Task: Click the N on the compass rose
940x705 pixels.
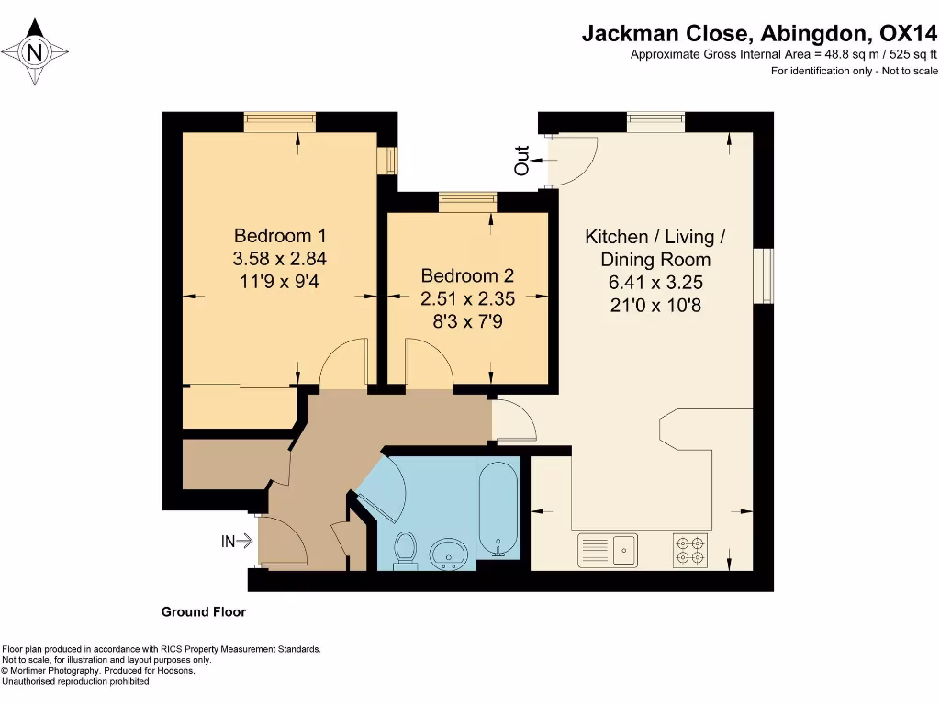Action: coord(35,52)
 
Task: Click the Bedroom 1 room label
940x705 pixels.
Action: coord(280,236)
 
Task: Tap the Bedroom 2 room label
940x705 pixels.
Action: coord(467,275)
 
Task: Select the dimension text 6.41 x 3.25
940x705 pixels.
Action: coord(655,283)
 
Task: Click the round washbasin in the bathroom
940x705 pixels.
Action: coord(449,553)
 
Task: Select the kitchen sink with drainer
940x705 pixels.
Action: coord(608,550)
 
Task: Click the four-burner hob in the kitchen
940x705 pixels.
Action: coord(689,551)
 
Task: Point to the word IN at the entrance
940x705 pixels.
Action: coord(228,542)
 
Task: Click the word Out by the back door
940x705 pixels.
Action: coord(522,161)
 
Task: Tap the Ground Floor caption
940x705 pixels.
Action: coord(203,612)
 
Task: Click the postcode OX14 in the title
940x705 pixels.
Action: coord(908,33)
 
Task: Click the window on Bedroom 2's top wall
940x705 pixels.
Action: coord(467,202)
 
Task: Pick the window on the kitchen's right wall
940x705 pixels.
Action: coord(763,275)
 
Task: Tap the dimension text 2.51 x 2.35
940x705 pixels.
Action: coord(467,298)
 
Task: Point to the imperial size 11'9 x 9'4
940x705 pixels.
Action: coord(279,281)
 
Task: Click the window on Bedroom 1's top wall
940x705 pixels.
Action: coord(279,122)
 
